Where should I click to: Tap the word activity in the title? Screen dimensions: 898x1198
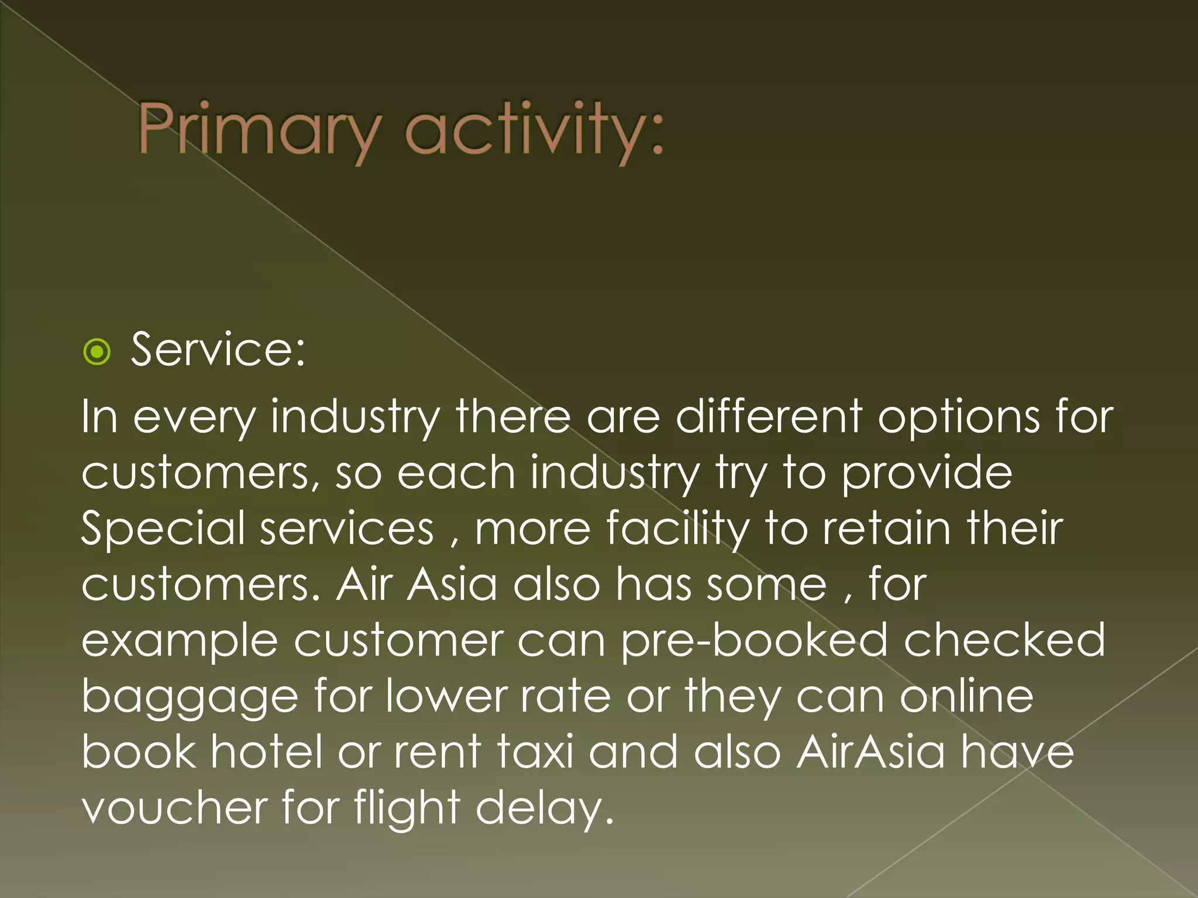(534, 130)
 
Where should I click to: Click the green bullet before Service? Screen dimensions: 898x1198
(97, 352)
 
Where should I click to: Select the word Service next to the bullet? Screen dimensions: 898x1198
(218, 350)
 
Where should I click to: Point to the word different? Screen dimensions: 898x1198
(769, 417)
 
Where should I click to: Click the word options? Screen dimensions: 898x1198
(959, 417)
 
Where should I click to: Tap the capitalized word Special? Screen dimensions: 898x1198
(163, 528)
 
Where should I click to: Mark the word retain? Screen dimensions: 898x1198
(886, 528)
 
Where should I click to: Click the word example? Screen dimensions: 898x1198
(179, 641)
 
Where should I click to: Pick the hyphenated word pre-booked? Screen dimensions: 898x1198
(754, 640)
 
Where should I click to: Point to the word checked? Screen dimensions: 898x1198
(1004, 640)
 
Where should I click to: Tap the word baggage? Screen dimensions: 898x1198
(190, 697)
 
